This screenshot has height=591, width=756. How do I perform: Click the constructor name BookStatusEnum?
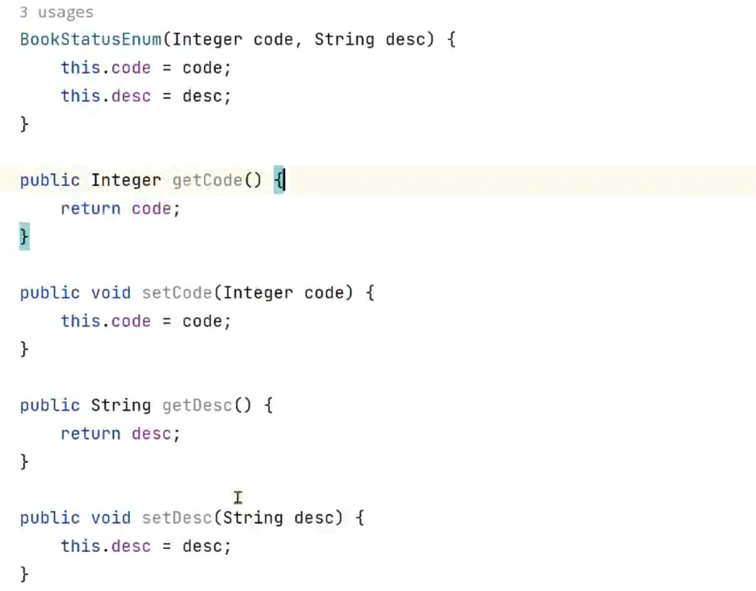coord(90,39)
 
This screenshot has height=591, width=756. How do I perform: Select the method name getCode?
coord(207,180)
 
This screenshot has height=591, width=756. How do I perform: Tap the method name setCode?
coord(176,293)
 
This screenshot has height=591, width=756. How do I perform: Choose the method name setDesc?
coord(176,518)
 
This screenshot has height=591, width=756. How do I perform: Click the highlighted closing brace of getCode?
coord(24,237)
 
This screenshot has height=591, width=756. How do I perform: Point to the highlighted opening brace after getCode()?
coord(279,180)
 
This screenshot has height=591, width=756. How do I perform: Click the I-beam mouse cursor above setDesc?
coord(238,497)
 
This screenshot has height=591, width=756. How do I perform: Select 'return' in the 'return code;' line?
coord(90,209)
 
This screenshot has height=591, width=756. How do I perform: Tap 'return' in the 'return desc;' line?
coord(90,434)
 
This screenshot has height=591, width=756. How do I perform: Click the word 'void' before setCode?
coord(110,293)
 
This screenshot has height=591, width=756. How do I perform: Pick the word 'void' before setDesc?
coord(110,518)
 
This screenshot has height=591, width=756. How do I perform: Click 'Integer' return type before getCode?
coord(126,180)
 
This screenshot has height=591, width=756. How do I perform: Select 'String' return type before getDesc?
coord(120,405)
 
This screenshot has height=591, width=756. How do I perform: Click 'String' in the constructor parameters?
coord(343,39)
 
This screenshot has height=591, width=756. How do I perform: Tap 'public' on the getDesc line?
coord(49,405)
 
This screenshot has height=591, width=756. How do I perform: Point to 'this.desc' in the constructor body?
coord(105,96)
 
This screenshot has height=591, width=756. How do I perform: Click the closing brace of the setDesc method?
coord(24,574)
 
